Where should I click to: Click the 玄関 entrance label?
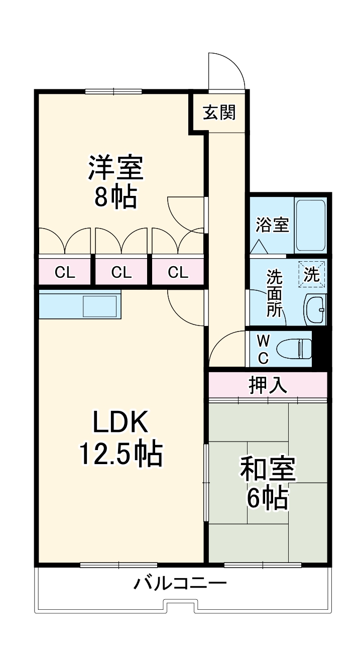click(219, 113)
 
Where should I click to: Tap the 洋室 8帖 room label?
click(116, 182)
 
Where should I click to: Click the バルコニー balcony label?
click(180, 584)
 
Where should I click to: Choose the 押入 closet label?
click(268, 385)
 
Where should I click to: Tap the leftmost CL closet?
click(64, 272)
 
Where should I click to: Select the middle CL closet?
click(121, 272)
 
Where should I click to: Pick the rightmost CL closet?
click(178, 272)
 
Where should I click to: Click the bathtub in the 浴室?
click(310, 225)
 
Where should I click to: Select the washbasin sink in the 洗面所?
click(315, 309)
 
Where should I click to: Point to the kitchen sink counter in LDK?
click(80, 304)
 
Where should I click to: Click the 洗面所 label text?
click(274, 293)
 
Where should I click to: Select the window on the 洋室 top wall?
click(113, 91)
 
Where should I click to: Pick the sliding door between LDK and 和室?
click(205, 482)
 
